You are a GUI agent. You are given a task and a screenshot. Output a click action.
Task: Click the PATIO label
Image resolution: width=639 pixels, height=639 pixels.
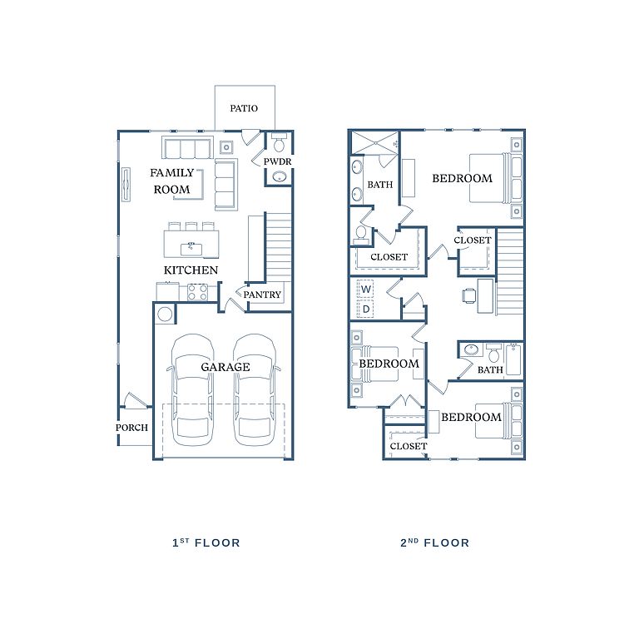[244, 108]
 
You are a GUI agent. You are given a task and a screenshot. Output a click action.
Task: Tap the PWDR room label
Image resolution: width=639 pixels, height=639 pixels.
[278, 161]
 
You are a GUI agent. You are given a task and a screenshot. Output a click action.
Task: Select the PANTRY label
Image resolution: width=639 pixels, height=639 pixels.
[262, 295]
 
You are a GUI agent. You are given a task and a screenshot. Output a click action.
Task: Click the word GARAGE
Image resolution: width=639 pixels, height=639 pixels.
[225, 367]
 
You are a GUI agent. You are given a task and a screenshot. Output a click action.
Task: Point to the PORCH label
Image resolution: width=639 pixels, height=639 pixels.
[131, 428]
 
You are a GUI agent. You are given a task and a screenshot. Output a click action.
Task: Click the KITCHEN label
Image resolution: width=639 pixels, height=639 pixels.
[191, 270]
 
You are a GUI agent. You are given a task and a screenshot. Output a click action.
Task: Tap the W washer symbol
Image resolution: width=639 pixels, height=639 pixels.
[366, 290]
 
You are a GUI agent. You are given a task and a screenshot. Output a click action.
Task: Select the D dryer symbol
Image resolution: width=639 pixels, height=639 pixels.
[366, 309]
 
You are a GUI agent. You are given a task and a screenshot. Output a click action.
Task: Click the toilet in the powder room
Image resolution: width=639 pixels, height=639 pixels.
[280, 142]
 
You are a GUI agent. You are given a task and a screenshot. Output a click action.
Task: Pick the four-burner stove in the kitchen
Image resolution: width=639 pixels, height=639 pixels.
[198, 292]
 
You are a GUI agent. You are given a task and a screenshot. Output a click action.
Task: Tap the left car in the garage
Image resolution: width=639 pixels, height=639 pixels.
[191, 390]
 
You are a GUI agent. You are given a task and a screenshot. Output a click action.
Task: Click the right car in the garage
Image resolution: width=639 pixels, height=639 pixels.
[255, 390]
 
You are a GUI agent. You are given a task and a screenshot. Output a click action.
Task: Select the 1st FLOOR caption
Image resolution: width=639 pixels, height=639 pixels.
[206, 542]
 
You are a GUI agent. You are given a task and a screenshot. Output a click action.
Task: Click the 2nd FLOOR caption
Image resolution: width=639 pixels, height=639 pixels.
[435, 542]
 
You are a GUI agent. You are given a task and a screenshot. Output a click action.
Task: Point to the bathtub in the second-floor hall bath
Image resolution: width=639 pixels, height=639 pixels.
[513, 359]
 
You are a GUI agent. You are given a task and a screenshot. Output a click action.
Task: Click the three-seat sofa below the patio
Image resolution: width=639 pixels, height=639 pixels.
[187, 147]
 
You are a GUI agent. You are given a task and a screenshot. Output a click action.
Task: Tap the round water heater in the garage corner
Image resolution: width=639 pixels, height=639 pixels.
[165, 315]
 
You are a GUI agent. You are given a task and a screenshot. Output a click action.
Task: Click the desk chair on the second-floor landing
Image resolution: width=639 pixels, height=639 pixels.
[469, 295]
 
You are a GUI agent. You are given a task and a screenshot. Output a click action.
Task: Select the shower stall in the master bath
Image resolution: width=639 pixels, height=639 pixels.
[374, 143]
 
